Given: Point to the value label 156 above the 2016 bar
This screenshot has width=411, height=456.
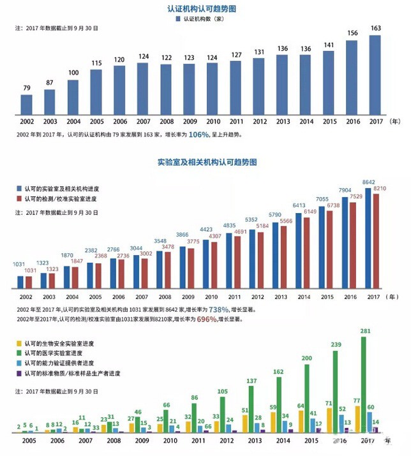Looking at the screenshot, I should coord(352,33).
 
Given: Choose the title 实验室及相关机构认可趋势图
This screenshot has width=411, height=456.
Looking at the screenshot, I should coord(206,163).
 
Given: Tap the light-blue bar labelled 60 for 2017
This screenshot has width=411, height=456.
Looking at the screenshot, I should coord(371,423).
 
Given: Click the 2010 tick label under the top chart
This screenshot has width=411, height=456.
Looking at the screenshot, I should coord(213,121).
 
